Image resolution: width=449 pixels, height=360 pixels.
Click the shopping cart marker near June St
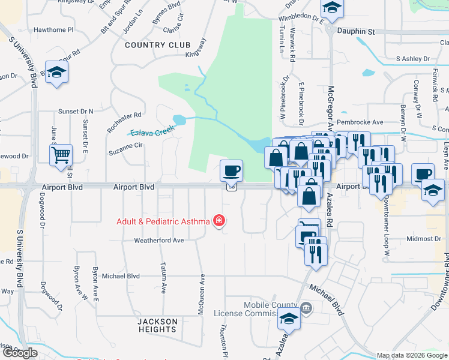pyautogui.click(x=61, y=155)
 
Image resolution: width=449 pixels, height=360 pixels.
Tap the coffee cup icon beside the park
pyautogui.click(x=231, y=171)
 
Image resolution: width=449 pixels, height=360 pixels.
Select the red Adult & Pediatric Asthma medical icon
pyautogui.click(x=220, y=221)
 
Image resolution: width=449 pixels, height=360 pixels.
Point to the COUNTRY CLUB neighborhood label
pyautogui.click(x=157, y=45)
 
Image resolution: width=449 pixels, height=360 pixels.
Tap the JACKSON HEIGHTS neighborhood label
pyautogui.click(x=157, y=326)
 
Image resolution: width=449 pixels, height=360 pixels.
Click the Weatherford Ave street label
pyautogui.click(x=158, y=240)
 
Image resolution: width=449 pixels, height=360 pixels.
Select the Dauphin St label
pyautogui.click(x=355, y=31)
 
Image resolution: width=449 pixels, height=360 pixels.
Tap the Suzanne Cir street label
pyautogui.click(x=125, y=145)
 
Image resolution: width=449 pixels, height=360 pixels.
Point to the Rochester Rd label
pyautogui.click(x=124, y=120)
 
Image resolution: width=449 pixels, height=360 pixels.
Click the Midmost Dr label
pyautogui.click(x=424, y=239)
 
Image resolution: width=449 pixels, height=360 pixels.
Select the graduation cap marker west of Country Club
pyautogui.click(x=57, y=73)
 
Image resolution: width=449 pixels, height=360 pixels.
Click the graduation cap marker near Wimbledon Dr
pyautogui.click(x=331, y=8)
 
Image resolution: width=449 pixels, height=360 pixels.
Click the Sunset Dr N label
pyautogui.click(x=76, y=112)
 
